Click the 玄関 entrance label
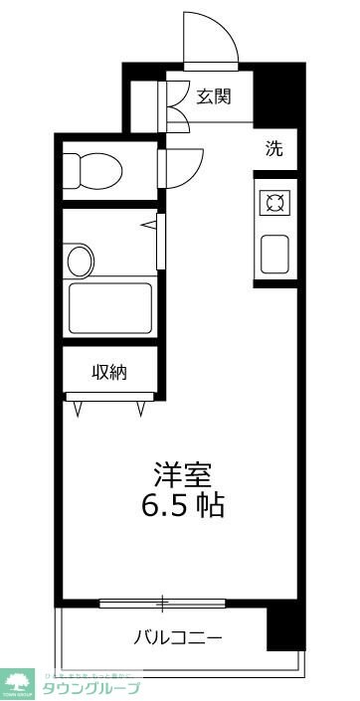click(213, 96)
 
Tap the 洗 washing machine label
click(273, 150)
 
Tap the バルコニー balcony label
click(179, 636)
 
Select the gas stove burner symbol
click(274, 204)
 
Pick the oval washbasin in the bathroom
click(80, 262)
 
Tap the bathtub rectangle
click(109, 308)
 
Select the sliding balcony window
click(164, 602)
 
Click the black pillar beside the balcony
click(284, 622)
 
